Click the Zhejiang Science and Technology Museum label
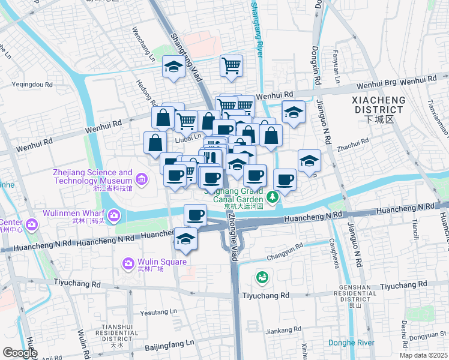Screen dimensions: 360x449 pyautogui.click(x=92, y=176)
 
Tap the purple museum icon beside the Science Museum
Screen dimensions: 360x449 pyautogui.click(x=142, y=179)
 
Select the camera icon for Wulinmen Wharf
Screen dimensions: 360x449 pyautogui.click(x=113, y=214)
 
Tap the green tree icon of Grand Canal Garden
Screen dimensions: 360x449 pyautogui.click(x=273, y=196)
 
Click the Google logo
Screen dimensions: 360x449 pyautogui.click(x=20, y=353)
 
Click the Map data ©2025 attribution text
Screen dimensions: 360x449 pyautogui.click(x=423, y=355)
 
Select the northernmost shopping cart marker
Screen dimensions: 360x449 pyautogui.click(x=231, y=65)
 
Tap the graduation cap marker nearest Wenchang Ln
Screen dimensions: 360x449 pyautogui.click(x=173, y=68)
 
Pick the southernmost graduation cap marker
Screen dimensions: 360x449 pyautogui.click(x=186, y=239)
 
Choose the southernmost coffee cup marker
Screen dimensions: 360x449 pyautogui.click(x=194, y=214)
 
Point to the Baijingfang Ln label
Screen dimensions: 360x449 pyautogui.click(x=170, y=344)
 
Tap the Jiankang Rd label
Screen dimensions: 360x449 pyautogui.click(x=283, y=330)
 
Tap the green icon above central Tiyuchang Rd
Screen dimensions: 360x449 pyautogui.click(x=262, y=277)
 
